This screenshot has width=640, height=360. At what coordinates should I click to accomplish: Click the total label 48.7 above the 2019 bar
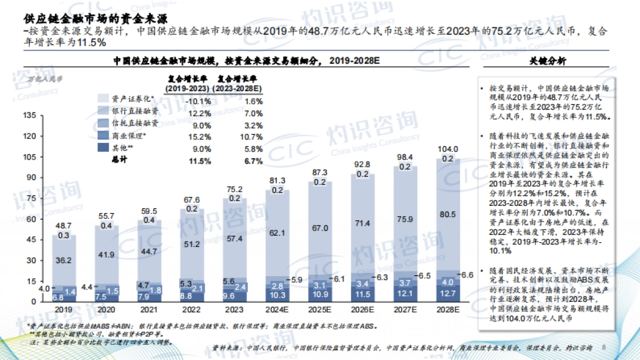coord(64,226)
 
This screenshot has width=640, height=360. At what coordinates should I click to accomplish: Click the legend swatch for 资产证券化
coord(104,99)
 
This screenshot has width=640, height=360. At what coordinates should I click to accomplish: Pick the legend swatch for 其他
coord(104,148)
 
